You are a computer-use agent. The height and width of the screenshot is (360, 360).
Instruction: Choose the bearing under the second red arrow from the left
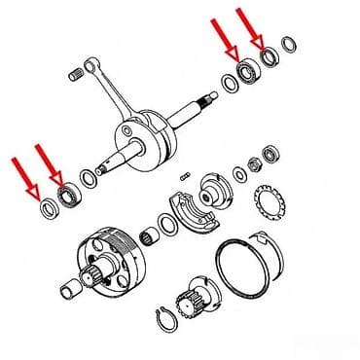coord(68,197)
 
